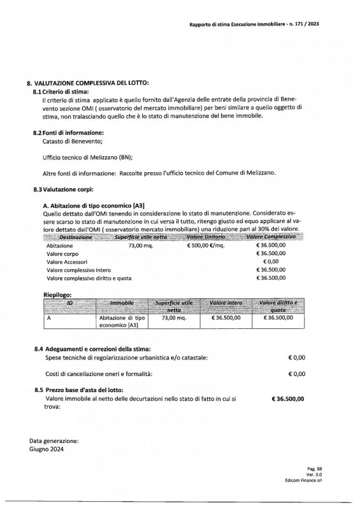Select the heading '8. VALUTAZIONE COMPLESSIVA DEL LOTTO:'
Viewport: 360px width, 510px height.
[87, 84]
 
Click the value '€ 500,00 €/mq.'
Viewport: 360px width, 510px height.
[205, 245]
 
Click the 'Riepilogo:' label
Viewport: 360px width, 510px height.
[57, 296]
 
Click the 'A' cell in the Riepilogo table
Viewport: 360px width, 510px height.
[49, 317]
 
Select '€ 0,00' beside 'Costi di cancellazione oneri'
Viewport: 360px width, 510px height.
[296, 374]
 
